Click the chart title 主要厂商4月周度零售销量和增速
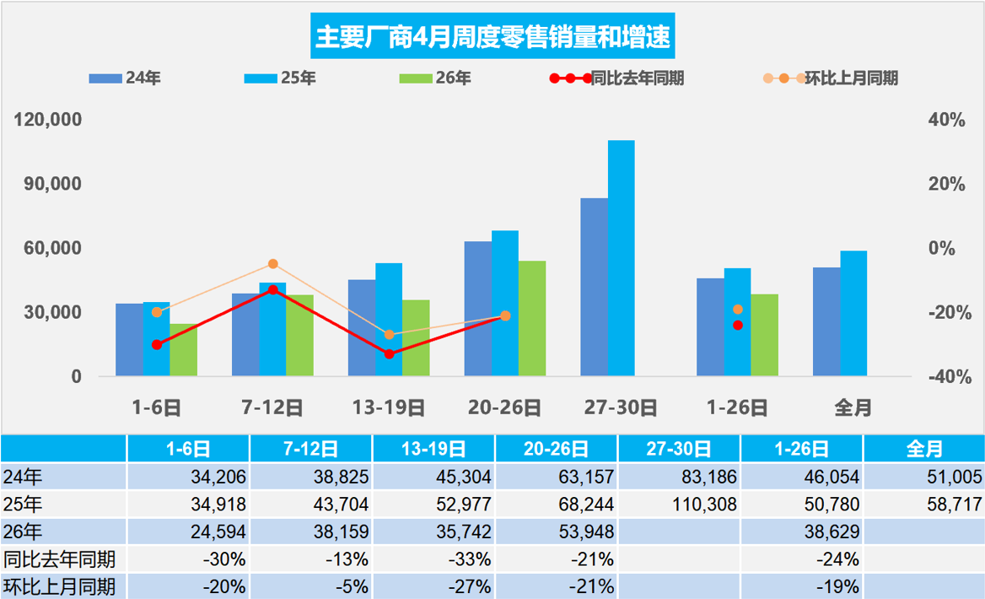[x=492, y=38]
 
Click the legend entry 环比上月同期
[x=831, y=78]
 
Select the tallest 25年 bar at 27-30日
[x=621, y=257]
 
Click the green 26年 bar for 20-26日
[x=531, y=318]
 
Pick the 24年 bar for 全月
[x=826, y=321]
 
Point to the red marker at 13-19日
[x=389, y=353]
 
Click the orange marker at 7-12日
[x=272, y=264]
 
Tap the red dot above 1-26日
[x=738, y=325]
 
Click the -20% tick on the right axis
[x=947, y=312]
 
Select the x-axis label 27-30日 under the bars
[x=621, y=407]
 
